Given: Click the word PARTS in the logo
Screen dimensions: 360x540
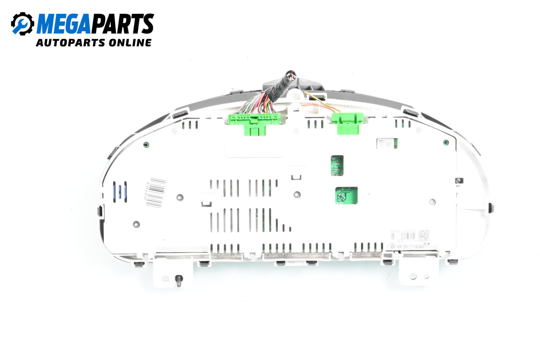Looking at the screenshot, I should click(x=123, y=24).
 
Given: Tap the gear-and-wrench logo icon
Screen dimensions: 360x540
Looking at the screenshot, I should click(x=22, y=24).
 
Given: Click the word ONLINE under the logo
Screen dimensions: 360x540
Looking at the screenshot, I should click(x=130, y=43).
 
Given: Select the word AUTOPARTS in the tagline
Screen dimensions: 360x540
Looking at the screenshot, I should click(x=71, y=43).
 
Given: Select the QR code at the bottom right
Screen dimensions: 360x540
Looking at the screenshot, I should click(x=424, y=235).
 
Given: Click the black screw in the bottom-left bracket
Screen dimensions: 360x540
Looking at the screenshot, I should click(x=179, y=280).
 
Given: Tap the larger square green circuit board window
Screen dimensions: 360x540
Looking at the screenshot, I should click(x=346, y=195).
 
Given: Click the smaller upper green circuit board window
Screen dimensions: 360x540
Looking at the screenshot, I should click(x=337, y=165).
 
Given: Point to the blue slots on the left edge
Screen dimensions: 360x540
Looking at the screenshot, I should click(x=120, y=192).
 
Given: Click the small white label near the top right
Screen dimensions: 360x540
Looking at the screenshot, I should click(x=386, y=143).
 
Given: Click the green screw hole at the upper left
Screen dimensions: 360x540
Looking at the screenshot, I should click(x=146, y=145).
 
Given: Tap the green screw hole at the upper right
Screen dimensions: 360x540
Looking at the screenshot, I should click(x=446, y=142).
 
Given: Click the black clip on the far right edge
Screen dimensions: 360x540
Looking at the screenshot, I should click(x=491, y=207).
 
